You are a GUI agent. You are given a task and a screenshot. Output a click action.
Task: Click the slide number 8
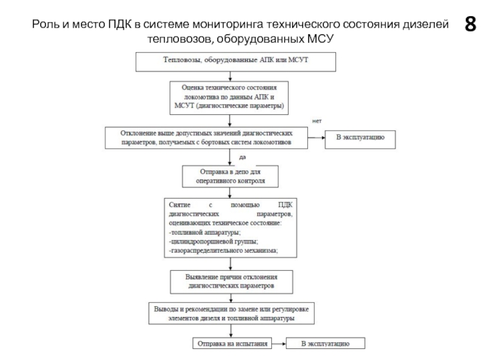point(470,24)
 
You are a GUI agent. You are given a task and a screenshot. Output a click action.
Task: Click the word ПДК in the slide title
point(119,24)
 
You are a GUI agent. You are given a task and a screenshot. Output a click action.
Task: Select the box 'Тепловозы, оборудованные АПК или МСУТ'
point(236,62)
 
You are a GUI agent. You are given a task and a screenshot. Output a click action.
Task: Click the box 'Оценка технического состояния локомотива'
point(229,98)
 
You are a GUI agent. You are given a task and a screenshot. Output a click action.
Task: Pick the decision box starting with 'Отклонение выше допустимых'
point(206,138)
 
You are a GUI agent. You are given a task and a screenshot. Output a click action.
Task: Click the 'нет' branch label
point(317,122)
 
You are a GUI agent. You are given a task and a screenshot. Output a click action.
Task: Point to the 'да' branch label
point(242,157)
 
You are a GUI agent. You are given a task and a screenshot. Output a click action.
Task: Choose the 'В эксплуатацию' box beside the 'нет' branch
point(360,140)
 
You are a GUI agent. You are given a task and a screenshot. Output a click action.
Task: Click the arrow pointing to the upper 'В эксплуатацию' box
point(316,138)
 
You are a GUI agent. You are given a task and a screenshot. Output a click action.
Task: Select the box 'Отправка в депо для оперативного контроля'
point(230,176)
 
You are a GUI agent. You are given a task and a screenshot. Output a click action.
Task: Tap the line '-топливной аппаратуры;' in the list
point(204,232)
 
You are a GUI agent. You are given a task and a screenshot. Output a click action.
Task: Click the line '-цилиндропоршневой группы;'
point(213,242)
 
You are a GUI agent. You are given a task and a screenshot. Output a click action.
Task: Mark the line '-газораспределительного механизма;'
point(223,250)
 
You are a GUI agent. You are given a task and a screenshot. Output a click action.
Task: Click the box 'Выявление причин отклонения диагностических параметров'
point(231,282)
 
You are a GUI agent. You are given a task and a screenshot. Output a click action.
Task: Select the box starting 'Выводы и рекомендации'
point(231,313)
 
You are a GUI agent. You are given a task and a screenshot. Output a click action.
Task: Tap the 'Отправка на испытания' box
point(232,344)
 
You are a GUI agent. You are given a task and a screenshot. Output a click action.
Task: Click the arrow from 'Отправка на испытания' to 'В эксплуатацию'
point(279,344)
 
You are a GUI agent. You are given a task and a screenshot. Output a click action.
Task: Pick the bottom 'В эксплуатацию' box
point(325,344)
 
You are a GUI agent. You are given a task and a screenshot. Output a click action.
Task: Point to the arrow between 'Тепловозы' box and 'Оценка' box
point(230,76)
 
